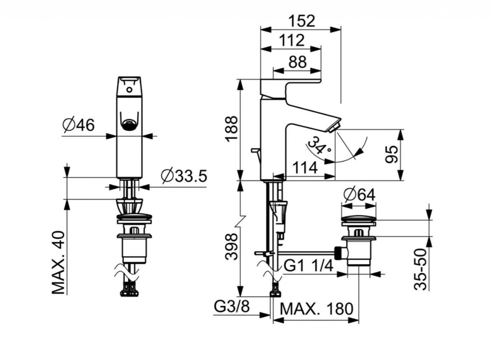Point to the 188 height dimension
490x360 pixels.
tap(232, 128)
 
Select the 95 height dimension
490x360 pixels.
tap(391, 154)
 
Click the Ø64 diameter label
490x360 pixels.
tap(359, 195)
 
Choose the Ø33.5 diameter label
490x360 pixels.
tap(184, 176)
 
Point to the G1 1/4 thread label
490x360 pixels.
tap(308, 266)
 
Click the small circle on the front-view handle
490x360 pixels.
tap(129, 89)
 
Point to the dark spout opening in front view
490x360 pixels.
tap(129, 125)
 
